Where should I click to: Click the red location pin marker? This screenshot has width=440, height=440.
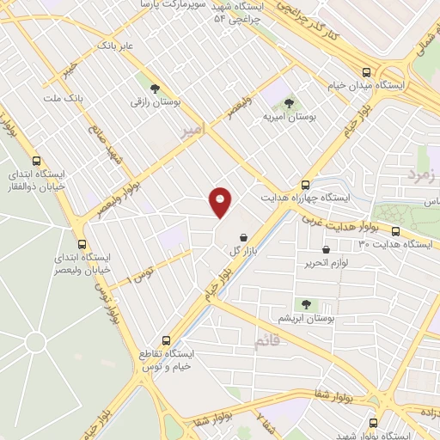click(x=221, y=202)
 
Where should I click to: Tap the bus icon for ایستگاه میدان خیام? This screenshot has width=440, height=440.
click(x=367, y=73)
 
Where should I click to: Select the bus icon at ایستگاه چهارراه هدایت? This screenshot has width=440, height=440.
click(x=305, y=185)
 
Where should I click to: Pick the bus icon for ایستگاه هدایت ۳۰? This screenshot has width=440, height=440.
click(x=396, y=232)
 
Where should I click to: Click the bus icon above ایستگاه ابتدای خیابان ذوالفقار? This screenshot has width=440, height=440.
click(x=36, y=161)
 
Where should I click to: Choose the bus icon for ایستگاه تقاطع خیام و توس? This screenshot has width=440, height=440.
click(x=167, y=339)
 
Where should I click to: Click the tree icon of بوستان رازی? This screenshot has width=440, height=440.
click(x=155, y=89)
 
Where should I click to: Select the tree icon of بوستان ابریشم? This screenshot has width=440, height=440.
click(x=304, y=305)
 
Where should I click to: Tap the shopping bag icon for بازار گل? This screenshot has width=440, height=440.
click(x=244, y=237)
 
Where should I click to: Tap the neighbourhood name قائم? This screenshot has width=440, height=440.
click(x=266, y=342)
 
